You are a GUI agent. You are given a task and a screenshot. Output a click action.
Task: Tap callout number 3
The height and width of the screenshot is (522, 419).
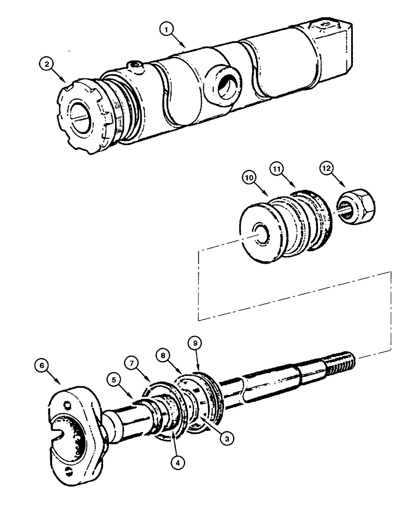click(225, 439)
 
